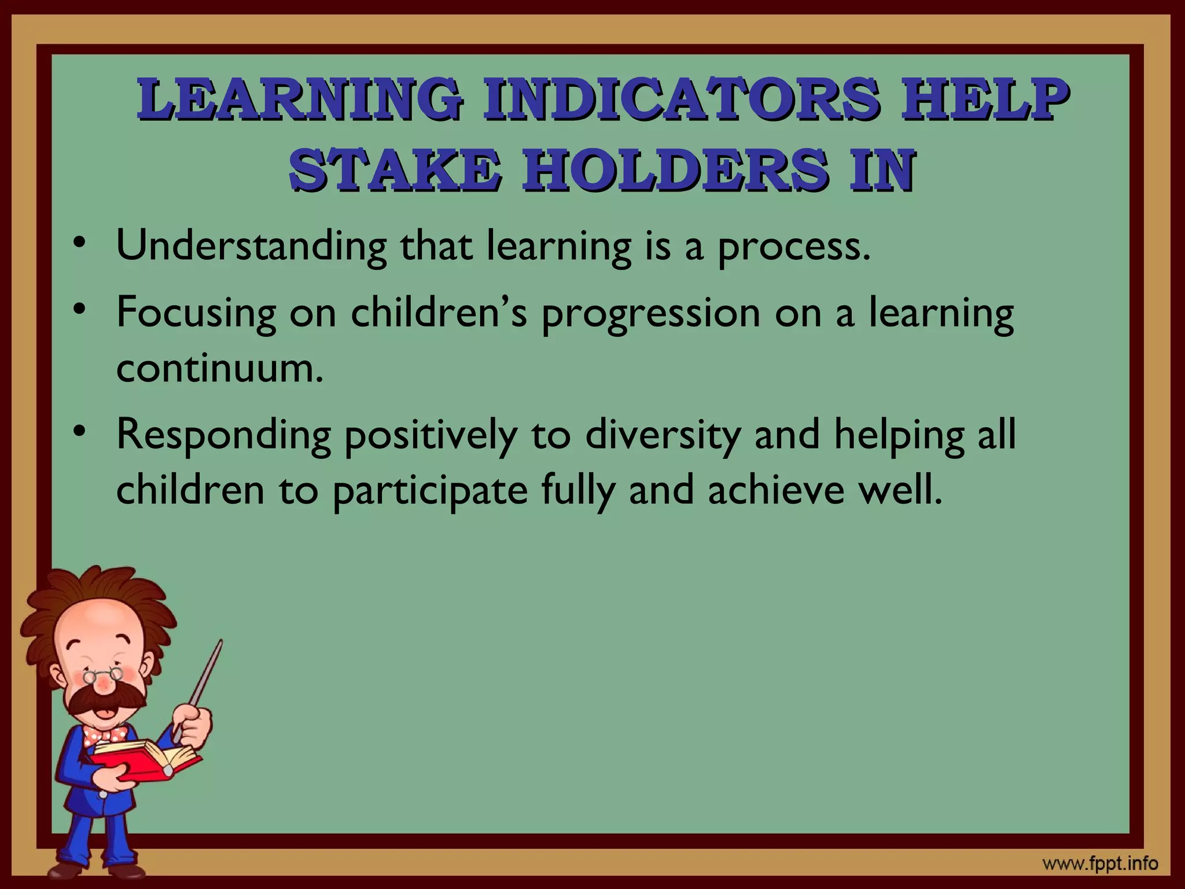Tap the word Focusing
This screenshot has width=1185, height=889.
pyautogui.click(x=196, y=313)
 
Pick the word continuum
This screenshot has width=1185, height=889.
pyautogui.click(x=219, y=368)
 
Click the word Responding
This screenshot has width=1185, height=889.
pyautogui.click(x=224, y=436)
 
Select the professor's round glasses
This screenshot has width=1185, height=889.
pyautogui.click(x=102, y=675)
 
